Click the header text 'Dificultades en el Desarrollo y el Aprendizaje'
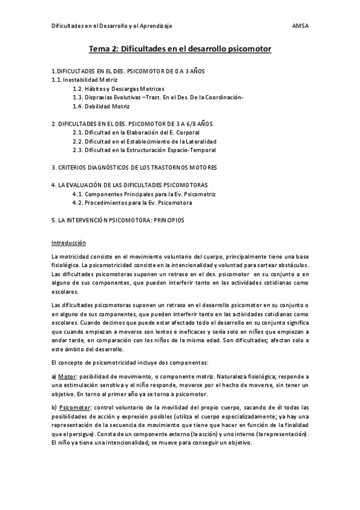click(x=112, y=26)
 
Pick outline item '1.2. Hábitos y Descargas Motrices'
click(x=118, y=88)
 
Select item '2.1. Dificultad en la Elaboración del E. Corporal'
click(x=135, y=132)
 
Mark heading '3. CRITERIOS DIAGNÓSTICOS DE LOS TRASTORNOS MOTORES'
click(x=134, y=167)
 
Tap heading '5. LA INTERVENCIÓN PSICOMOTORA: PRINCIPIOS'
click(x=118, y=221)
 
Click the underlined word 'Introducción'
click(x=69, y=243)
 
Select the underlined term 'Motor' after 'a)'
click(x=69, y=376)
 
